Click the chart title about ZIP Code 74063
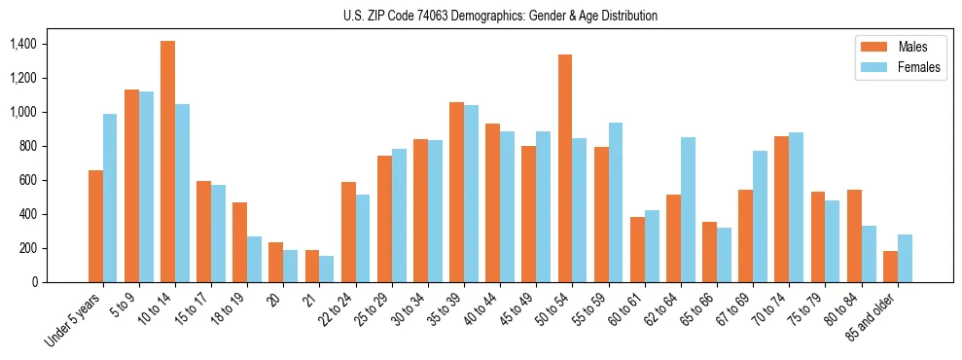tap(500, 16)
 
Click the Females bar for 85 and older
tap(905, 258)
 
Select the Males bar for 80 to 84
tap(854, 235)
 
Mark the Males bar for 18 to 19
tap(239, 242)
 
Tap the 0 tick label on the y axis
tap(34, 282)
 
